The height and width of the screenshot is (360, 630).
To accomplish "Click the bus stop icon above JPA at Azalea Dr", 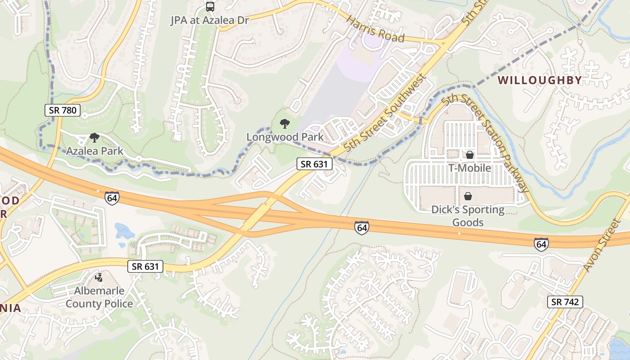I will tap(210, 6).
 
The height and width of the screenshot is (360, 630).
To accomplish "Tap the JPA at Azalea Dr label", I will tap(210, 20).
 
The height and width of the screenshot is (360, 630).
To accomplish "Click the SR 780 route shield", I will tap(63, 110).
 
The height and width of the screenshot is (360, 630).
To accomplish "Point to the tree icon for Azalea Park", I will tap(94, 137).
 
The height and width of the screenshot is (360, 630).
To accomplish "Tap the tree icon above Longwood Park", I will tap(284, 123).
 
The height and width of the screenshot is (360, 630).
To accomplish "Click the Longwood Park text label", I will tap(285, 137).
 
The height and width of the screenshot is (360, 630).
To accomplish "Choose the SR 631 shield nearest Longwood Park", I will tap(315, 164).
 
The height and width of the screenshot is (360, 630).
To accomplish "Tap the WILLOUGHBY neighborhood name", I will tap(540, 81).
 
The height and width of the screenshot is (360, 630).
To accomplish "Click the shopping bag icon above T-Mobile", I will tap(469, 155).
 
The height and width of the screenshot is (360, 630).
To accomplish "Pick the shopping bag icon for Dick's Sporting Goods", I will tap(468, 196).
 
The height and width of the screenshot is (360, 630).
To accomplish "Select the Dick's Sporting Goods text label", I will tap(468, 216).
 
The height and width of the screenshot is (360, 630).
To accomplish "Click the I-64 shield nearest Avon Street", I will tap(541, 244).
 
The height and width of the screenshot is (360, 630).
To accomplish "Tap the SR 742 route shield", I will tap(565, 302).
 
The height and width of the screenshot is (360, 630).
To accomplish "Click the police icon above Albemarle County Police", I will tap(99, 278).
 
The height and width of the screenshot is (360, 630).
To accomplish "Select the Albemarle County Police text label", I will tap(99, 297).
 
